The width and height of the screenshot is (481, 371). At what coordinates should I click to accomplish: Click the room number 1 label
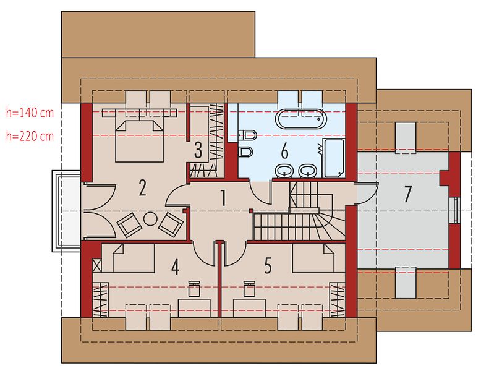(x=223, y=198)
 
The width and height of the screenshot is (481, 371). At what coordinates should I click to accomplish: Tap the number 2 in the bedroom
(x=142, y=187)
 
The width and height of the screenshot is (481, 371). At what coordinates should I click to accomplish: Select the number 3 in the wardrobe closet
(x=198, y=151)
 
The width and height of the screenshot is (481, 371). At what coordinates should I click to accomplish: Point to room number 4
(x=175, y=267)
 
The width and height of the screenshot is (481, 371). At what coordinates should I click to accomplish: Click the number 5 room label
(x=268, y=266)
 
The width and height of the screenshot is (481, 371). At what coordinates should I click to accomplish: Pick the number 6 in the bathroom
(x=284, y=151)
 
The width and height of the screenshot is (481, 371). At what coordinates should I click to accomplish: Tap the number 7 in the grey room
(x=407, y=194)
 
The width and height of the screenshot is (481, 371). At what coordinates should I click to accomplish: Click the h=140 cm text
(x=30, y=113)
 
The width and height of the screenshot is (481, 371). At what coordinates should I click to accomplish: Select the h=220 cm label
(x=30, y=136)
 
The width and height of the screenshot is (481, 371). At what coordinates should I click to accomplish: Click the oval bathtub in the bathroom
(x=300, y=119)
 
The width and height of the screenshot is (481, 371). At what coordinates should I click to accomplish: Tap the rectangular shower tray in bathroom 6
(x=334, y=158)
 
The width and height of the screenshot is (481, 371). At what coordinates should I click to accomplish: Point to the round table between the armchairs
(x=151, y=220)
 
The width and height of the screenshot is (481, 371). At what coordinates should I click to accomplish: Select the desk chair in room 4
(x=194, y=289)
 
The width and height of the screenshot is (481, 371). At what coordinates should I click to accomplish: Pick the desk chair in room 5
(x=249, y=289)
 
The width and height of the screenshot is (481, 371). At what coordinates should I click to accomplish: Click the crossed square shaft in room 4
(x=97, y=265)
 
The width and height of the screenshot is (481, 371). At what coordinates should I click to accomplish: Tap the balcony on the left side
(x=67, y=211)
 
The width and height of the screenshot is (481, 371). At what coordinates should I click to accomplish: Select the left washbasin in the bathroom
(x=284, y=171)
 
